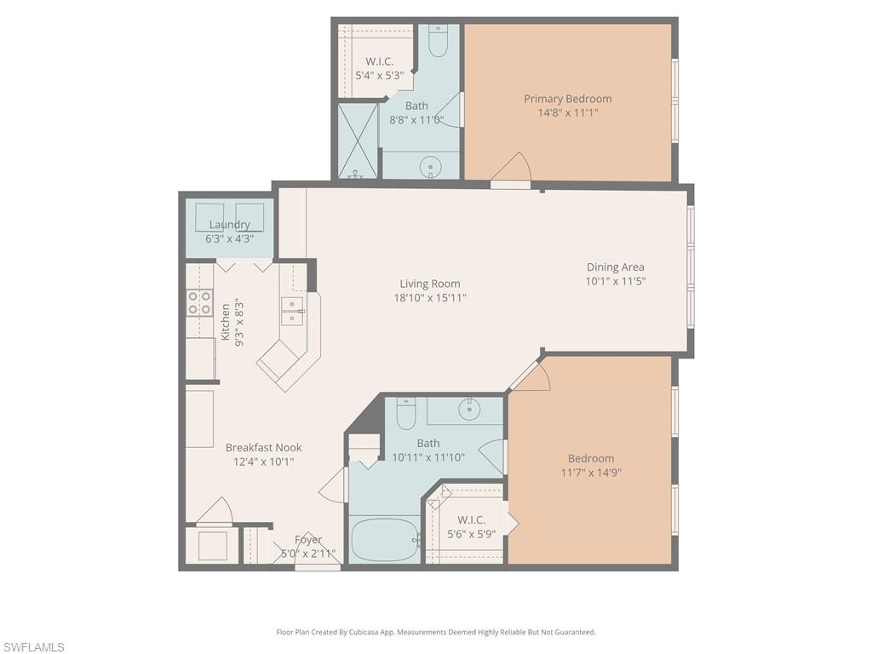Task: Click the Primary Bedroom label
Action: point(567,99)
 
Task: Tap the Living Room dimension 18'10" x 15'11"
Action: point(430,298)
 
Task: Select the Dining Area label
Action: point(615,267)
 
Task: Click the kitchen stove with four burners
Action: point(199,303)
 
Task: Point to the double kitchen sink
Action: point(293,312)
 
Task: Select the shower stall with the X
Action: point(359,141)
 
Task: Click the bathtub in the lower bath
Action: point(384,538)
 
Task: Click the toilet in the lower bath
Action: point(405,413)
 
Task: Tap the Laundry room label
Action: point(229,225)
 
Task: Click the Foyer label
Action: point(308,540)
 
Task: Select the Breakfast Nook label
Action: point(263,447)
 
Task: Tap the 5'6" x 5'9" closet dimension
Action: point(471,534)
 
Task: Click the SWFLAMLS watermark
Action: point(33,647)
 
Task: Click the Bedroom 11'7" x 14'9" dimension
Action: point(591,473)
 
